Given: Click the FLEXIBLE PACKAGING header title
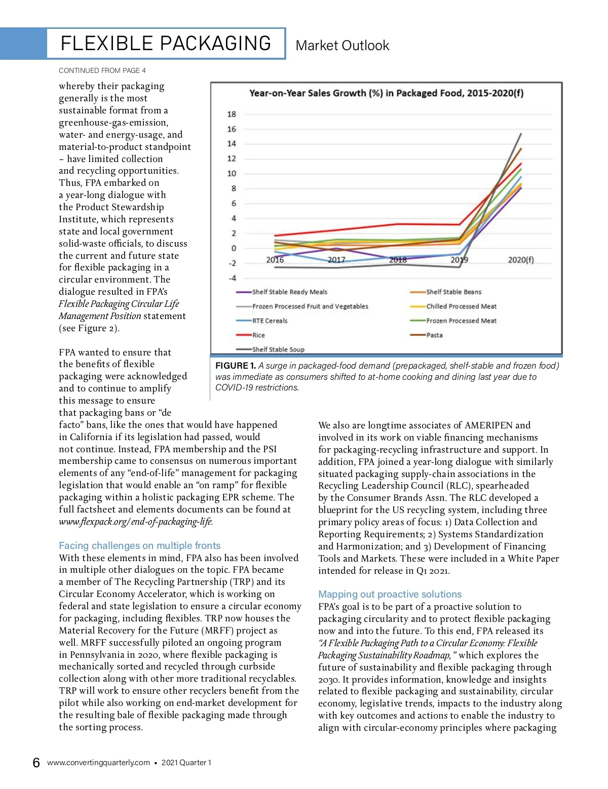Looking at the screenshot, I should click(x=166, y=44).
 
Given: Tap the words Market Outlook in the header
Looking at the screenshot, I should click(x=342, y=46).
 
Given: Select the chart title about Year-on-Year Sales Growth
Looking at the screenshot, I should click(x=386, y=93).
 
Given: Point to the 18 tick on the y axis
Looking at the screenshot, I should click(x=232, y=114).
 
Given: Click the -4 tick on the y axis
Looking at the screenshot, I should click(x=232, y=278).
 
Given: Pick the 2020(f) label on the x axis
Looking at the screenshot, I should click(x=520, y=260).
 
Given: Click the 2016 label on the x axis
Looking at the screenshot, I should click(x=275, y=260).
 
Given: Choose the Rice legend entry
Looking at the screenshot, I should click(x=258, y=335).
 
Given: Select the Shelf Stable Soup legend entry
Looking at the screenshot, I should click(x=278, y=349).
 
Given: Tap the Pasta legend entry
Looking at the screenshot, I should click(x=434, y=335).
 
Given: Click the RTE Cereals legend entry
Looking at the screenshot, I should click(x=270, y=321).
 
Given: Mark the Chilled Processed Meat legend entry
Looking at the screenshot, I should click(x=461, y=306).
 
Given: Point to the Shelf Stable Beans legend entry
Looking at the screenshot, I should click(x=453, y=292).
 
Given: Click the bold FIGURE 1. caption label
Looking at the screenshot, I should click(x=236, y=366).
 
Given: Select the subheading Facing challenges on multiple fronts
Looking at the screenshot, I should click(x=140, y=545).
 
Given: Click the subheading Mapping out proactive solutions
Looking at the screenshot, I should click(x=390, y=594).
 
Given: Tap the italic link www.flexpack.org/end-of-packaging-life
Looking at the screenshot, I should click(x=136, y=522).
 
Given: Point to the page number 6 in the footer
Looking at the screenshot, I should click(x=36, y=763).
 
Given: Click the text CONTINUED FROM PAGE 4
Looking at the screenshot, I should click(x=102, y=70).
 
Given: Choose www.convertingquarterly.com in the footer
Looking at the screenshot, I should click(x=98, y=763).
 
